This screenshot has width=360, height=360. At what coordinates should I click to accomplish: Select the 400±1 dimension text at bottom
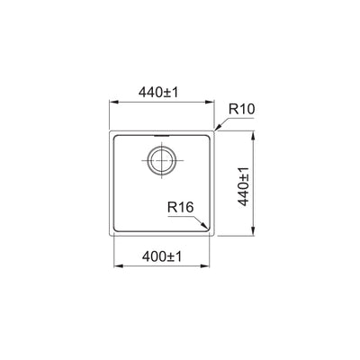162,257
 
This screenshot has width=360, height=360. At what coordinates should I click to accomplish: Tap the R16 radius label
179,207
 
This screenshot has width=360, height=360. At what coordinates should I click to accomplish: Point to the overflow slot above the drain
162,139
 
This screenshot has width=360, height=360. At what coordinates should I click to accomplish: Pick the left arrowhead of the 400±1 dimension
116,267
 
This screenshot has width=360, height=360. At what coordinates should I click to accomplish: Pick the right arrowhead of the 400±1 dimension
209,267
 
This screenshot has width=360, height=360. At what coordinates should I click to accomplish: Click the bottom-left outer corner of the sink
110,238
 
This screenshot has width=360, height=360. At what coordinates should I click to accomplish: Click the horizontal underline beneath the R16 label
182,215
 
